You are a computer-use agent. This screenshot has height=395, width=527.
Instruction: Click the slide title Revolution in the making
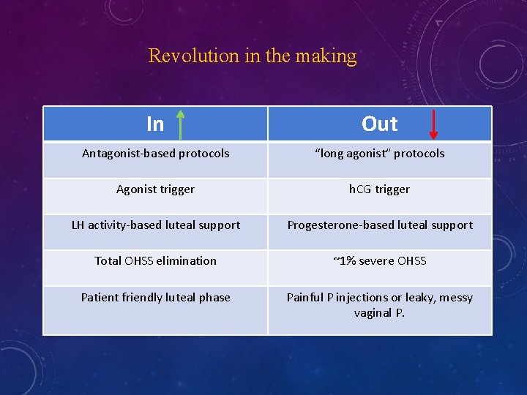point(253,56)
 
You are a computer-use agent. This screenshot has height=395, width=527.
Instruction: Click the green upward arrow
point(180,123)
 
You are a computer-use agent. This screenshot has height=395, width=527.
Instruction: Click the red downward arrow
point(433,123)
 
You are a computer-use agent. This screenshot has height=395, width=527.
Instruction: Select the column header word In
point(155,124)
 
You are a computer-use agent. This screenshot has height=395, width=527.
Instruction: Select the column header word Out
point(379,124)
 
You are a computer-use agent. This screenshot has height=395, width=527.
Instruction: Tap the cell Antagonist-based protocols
point(155,154)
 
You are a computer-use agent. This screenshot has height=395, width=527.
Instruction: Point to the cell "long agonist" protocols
point(379,154)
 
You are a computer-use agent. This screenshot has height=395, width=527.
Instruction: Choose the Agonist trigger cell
point(155,189)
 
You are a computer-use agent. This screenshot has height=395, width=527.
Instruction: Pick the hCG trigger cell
point(379,189)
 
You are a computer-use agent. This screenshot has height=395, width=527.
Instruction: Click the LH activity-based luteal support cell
point(155,225)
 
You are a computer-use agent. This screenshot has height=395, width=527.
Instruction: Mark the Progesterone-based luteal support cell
point(379,225)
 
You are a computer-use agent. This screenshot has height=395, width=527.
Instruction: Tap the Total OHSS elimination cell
point(155,260)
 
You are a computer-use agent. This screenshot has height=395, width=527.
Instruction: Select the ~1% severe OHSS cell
point(379,260)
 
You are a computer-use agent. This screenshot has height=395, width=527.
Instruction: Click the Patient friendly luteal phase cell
point(155,298)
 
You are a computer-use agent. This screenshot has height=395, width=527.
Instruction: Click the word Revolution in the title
point(183,56)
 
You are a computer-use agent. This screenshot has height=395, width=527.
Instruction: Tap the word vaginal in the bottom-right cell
point(373,313)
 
